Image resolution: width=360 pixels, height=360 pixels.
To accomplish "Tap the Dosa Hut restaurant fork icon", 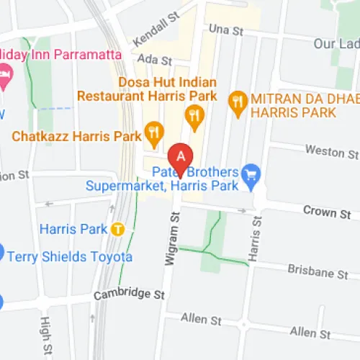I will (x=193, y=114).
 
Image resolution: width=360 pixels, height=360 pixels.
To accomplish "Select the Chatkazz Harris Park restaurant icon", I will (x=153, y=132).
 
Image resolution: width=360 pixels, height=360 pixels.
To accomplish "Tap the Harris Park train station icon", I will (x=119, y=229).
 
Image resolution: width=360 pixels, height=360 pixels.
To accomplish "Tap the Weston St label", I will (x=331, y=153).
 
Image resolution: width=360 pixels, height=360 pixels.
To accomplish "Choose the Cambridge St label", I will (x=130, y=294).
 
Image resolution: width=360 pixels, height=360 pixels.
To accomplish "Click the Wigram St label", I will (x=171, y=238).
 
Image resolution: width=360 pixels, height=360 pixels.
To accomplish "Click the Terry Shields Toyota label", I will (x=71, y=257).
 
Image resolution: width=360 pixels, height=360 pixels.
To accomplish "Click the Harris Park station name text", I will (x=73, y=229).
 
